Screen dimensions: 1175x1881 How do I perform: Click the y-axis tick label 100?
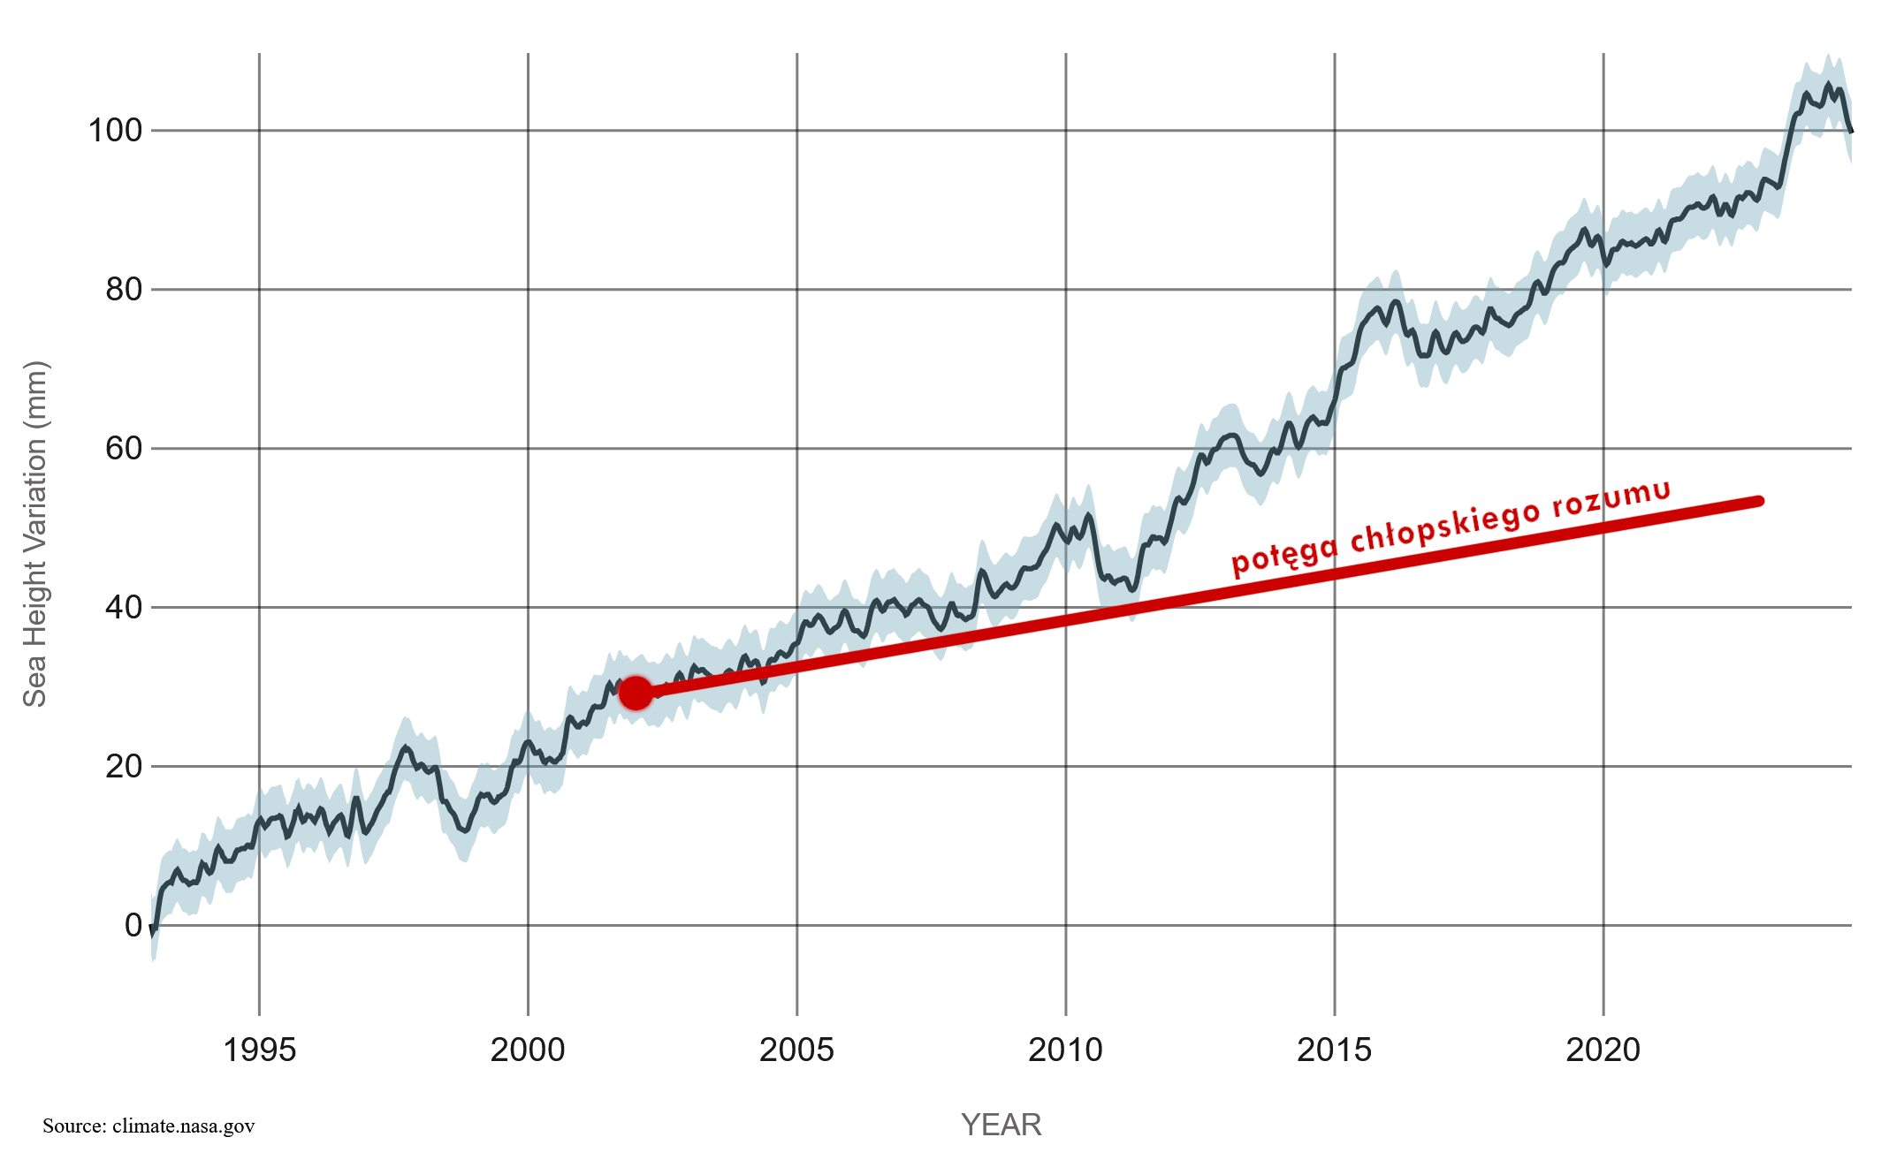click(115, 131)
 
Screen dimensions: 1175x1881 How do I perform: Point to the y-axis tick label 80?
click(124, 290)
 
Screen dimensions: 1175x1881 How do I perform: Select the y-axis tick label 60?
click(124, 449)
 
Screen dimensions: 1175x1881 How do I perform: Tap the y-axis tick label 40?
click(124, 608)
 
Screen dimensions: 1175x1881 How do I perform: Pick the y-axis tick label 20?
click(124, 767)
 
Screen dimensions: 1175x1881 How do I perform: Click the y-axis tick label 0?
click(133, 926)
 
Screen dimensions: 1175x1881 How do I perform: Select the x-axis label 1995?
click(259, 1050)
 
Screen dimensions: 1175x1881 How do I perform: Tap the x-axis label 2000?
click(528, 1050)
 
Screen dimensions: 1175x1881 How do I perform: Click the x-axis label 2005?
click(796, 1050)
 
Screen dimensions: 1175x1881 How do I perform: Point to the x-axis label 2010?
click(1065, 1050)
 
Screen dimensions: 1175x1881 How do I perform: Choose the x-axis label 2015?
click(1334, 1050)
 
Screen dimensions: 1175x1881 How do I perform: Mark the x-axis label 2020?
click(1603, 1050)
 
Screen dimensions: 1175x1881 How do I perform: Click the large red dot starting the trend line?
click(636, 694)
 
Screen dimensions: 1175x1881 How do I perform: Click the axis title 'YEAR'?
click(1001, 1126)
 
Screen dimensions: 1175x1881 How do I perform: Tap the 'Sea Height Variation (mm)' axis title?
click(34, 534)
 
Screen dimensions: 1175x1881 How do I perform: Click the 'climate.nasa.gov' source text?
click(183, 1126)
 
